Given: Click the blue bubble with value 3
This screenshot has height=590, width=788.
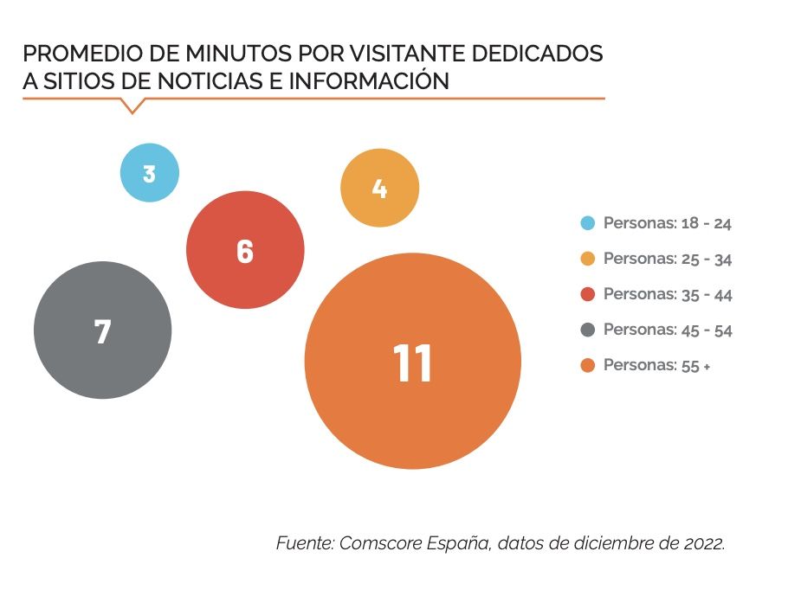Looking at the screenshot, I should coord(150,173).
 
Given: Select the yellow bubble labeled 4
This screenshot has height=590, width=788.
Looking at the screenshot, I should coord(379,189).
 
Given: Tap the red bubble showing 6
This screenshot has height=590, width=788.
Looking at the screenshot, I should coord(245,251).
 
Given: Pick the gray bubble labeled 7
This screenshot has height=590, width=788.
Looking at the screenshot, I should coord(103,330).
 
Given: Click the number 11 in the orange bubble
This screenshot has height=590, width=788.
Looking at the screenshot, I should coord(413,363).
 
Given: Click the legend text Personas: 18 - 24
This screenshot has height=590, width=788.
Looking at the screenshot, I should coord(668,223).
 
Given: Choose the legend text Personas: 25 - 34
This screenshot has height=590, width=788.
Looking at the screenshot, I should coord(668,259).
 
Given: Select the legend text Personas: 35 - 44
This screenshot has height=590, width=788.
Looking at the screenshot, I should coord(668,294).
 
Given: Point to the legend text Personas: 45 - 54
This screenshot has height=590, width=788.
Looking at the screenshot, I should coord(668,330).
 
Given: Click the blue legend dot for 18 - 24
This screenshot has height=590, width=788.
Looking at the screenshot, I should coord(588,223).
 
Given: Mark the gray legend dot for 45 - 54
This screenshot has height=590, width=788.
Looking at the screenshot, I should coord(588,330).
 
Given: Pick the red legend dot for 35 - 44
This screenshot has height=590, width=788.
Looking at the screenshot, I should coord(588,294).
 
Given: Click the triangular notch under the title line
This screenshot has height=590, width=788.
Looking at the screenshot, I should coord(132,106).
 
